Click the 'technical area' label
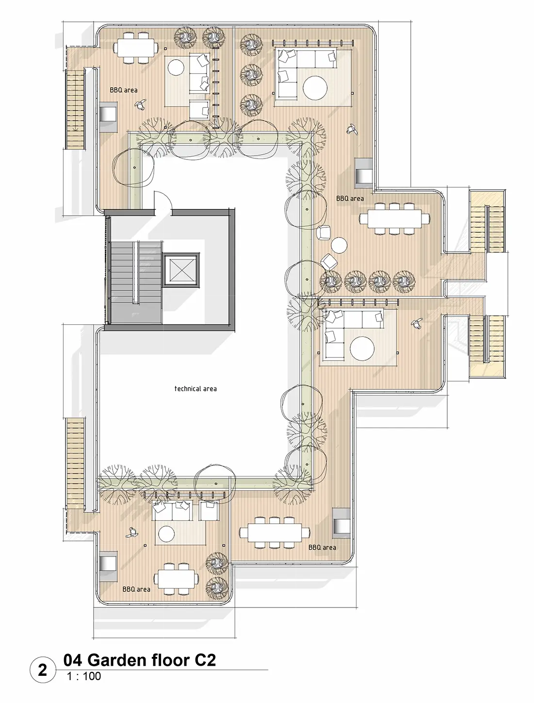coord(195,389)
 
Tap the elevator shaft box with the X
coord(180,270)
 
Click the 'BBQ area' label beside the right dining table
coord(350,199)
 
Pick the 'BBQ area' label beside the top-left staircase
coord(124,90)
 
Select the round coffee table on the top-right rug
coord(315,87)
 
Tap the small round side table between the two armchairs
coord(339,245)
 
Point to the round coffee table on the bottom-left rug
coord(166,534)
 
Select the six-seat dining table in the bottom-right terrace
coord(274,533)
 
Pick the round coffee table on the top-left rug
coord(176,68)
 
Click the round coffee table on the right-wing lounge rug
coord(362,349)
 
